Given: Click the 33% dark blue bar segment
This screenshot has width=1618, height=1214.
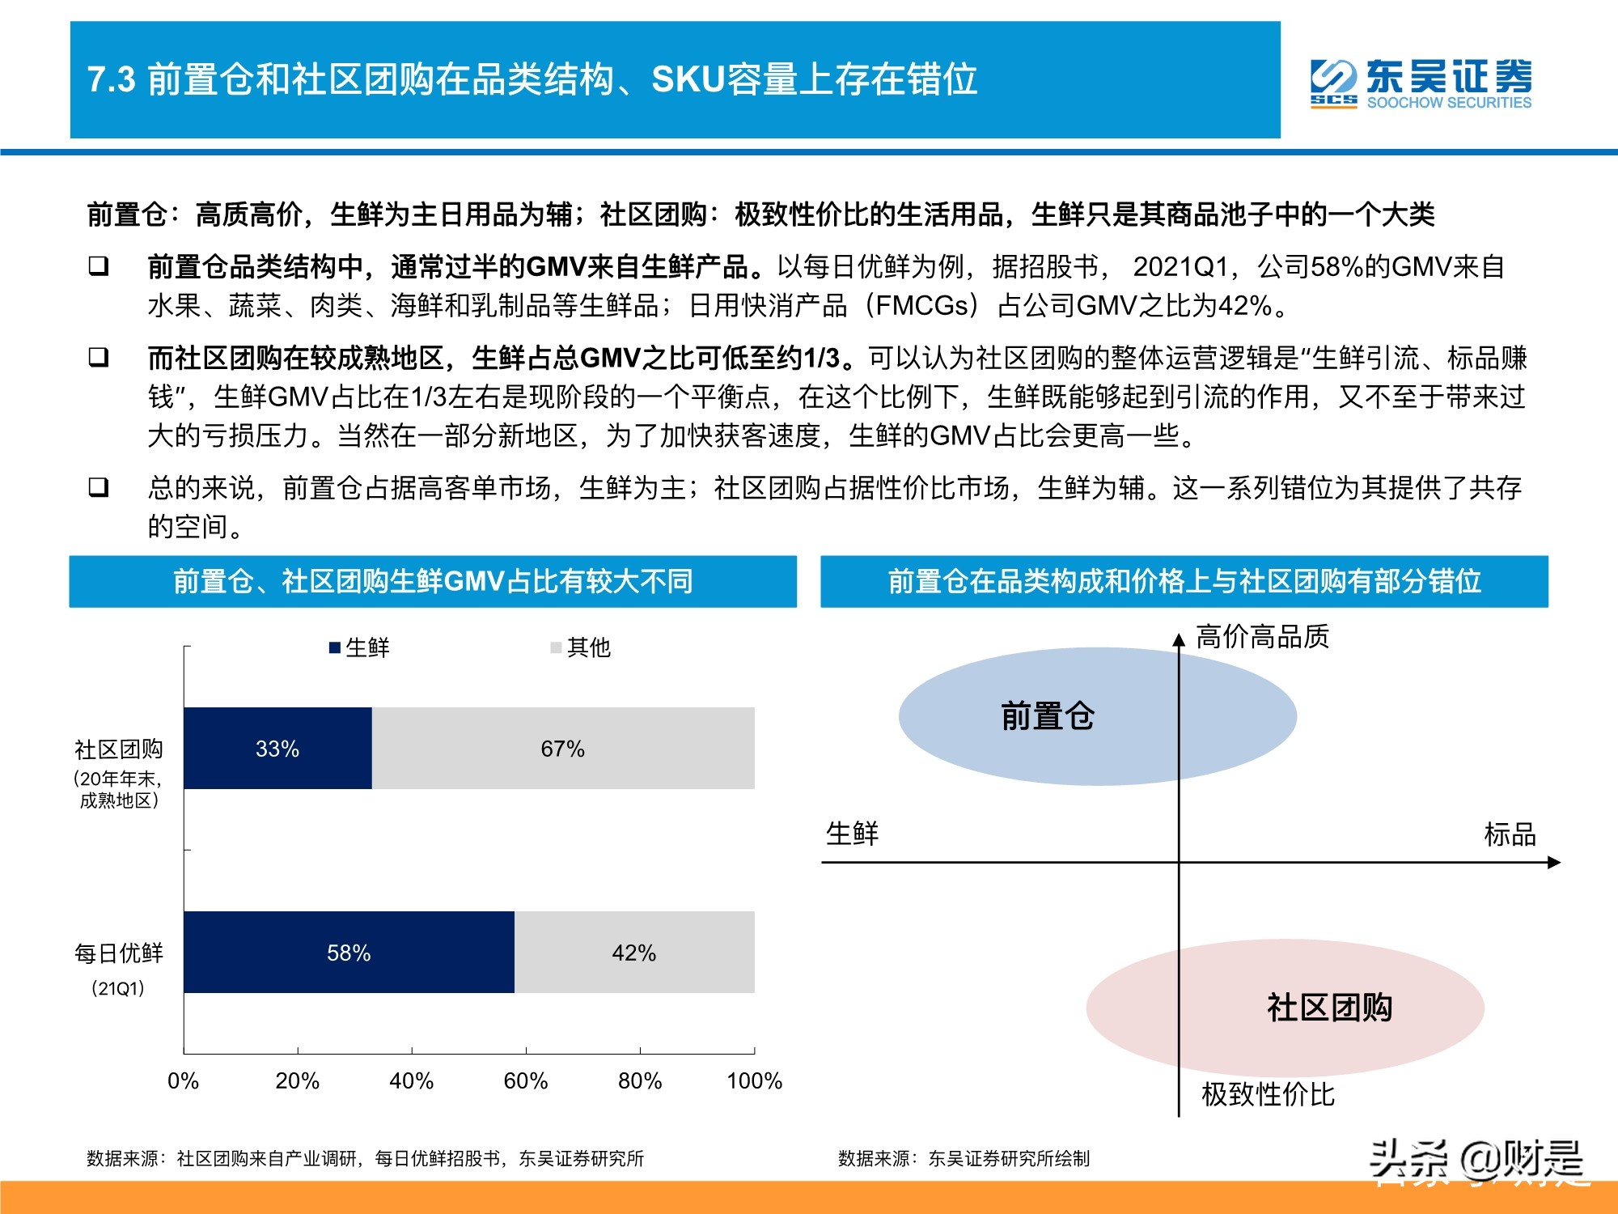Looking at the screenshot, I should coord(277,749).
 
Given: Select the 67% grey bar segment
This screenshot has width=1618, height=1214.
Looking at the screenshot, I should coord(563,749).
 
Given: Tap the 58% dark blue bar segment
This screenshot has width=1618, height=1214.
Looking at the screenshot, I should coord(349,953).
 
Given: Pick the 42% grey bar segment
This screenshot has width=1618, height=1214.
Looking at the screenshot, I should coord(634,953).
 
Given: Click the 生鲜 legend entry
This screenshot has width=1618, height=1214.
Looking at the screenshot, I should coord(359,647).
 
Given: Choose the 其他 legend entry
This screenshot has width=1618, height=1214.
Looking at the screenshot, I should coord(580,647).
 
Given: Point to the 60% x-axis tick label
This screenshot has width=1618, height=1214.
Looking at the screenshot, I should coord(526,1081).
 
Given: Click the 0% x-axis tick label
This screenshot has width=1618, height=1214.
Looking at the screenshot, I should coord(183,1081).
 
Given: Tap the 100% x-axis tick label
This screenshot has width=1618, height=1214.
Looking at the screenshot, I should coord(754,1081).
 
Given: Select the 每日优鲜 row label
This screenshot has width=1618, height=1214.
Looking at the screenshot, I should coord(119,954).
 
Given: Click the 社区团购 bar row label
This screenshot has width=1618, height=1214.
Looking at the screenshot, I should coord(119,749).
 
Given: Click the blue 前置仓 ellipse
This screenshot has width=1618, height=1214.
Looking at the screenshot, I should coord(1048,717).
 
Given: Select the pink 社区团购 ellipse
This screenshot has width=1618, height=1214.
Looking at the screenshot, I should coord(1329,1008).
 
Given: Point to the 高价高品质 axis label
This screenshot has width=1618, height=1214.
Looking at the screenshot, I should coord(1262,638).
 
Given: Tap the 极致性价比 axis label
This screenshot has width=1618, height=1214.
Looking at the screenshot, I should coord(1268,1095).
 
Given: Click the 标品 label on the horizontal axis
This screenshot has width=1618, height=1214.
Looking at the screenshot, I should coord(1510,834).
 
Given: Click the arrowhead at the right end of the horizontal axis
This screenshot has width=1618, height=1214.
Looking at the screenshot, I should coord(1554,863).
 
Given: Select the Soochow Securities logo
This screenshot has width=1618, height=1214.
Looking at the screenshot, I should coord(1421,83).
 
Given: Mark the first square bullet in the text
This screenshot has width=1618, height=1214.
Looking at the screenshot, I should coord(99,265).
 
